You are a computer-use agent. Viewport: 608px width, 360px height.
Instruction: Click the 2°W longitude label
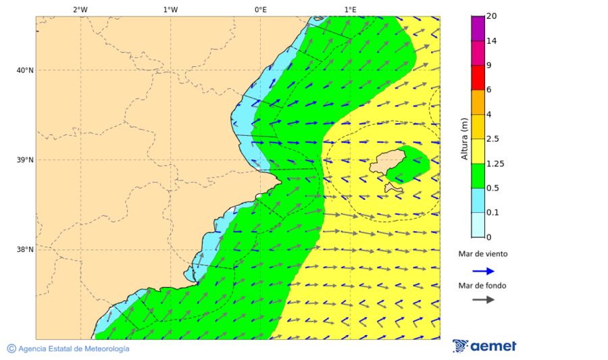click(80, 9)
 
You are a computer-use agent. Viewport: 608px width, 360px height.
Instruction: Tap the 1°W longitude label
click(170, 9)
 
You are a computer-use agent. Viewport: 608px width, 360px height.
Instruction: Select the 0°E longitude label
click(260, 9)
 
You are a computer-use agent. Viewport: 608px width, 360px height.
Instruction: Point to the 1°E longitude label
click(350, 9)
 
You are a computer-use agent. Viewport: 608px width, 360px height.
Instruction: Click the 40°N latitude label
click(25, 70)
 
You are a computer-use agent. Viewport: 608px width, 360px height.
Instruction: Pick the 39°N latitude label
click(25, 160)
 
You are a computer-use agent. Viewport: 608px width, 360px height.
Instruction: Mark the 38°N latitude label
click(25, 250)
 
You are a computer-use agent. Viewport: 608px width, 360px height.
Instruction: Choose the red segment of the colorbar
click(478, 78)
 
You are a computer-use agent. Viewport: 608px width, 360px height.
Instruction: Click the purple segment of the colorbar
click(478, 28)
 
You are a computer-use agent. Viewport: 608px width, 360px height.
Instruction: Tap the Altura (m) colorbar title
click(464, 138)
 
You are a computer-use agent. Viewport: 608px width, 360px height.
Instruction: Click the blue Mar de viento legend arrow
click(483, 272)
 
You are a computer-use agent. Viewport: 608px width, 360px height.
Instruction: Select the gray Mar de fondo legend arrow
click(483, 300)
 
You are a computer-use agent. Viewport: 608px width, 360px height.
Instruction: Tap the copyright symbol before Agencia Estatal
click(11, 349)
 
